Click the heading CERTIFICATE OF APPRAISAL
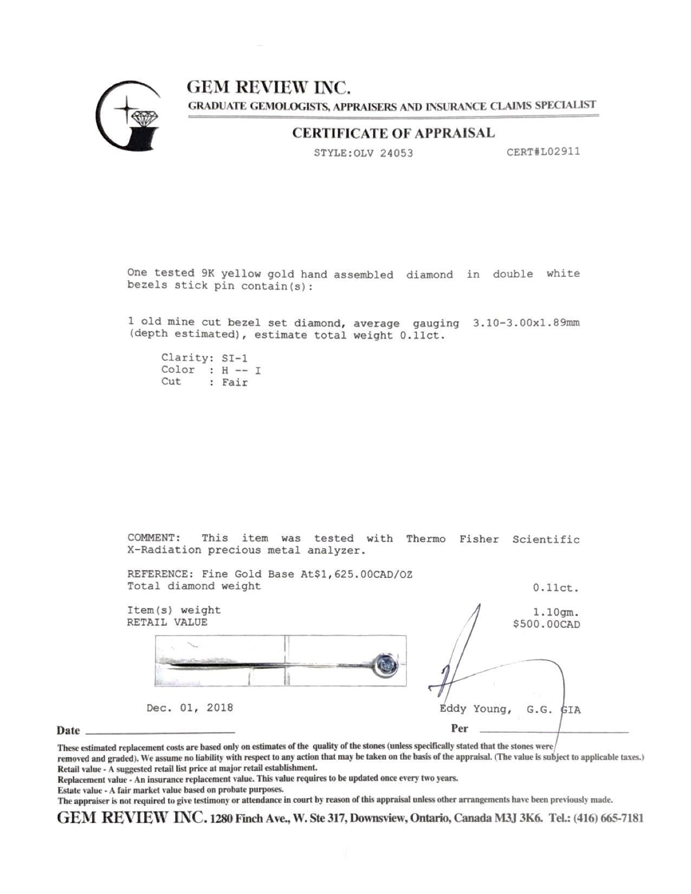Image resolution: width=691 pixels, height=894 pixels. (393, 133)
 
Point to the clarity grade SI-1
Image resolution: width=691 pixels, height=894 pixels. (235, 358)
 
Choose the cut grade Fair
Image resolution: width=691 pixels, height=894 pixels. (235, 383)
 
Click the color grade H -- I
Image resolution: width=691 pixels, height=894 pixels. (241, 371)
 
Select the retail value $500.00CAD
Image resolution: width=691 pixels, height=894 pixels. (546, 624)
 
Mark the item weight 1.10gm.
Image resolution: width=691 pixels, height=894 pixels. (556, 612)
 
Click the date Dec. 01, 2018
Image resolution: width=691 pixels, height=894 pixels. (190, 708)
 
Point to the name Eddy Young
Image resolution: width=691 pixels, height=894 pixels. (474, 709)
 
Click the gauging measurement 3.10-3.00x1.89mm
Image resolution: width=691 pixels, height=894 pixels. (526, 323)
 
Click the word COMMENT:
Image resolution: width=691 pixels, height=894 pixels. (153, 538)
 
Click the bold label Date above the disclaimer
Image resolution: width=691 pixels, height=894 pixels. (68, 730)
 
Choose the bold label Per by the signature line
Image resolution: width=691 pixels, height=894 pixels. (460, 728)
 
